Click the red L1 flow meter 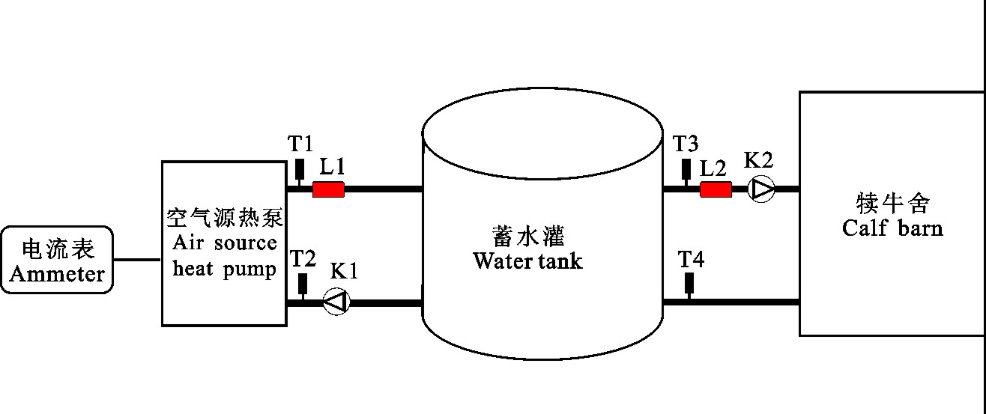[x=328, y=189]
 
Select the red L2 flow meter [x=716, y=189]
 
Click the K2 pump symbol [x=762, y=189]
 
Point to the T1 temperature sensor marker [x=300, y=169]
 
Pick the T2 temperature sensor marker [x=303, y=284]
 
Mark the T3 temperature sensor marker [x=686, y=169]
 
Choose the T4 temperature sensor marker [x=689, y=284]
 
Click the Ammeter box [x=58, y=260]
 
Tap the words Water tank [x=527, y=262]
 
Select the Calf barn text [x=892, y=228]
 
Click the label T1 [x=300, y=142]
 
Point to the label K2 [x=758, y=159]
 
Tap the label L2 [x=713, y=168]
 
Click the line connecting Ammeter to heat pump [x=138, y=260]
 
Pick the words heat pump [x=224, y=270]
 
